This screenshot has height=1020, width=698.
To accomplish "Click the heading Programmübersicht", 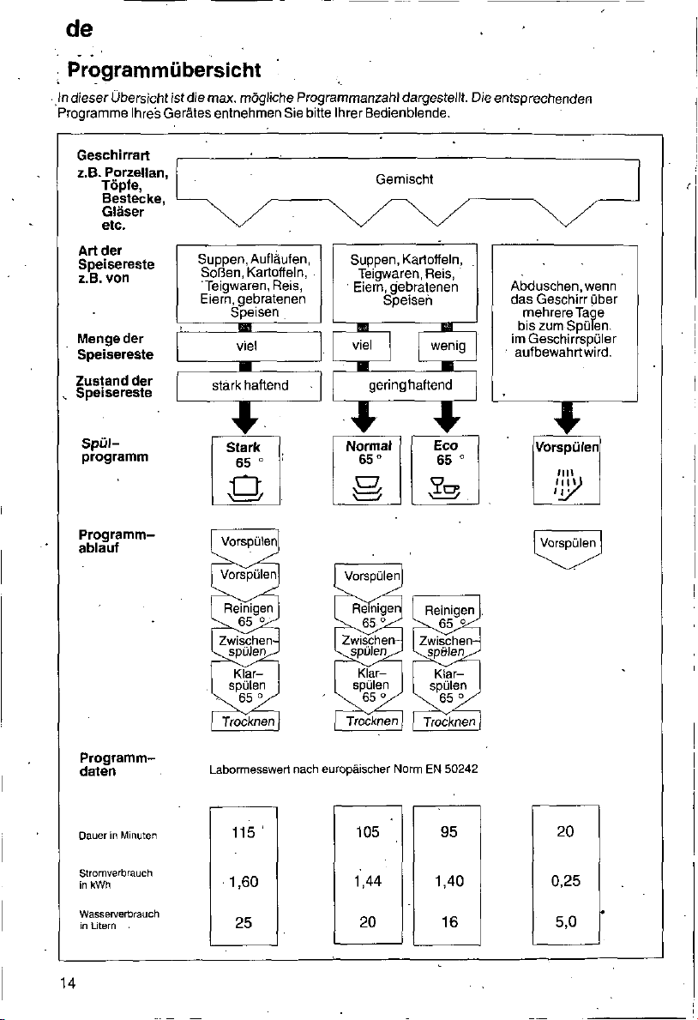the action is point(164,69).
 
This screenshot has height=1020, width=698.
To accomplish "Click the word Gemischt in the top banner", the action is point(404,179).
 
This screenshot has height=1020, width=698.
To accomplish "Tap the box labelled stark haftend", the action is point(250,386).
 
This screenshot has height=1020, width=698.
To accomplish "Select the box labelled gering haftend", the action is point(405,386).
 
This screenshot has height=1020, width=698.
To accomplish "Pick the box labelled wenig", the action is point(448,346).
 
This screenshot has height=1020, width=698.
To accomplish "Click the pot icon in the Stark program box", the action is point(245,487).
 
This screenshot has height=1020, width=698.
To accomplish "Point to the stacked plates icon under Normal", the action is point(368,487).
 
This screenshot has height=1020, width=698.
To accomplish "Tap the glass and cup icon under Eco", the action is point(444,486).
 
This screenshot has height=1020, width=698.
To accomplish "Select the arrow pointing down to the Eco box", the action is point(447,417).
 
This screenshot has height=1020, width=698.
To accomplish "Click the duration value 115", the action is point(244,832).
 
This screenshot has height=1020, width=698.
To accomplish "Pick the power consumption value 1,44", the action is point(368,881).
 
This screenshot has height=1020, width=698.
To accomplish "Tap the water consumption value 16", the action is point(449,921).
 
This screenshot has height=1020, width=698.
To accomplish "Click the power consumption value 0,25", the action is point(566,881).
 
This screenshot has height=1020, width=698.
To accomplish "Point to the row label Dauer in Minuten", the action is point(117,836).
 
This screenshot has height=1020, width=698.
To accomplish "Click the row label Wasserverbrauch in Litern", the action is point(119,920).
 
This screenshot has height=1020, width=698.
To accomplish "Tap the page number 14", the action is point(68,983).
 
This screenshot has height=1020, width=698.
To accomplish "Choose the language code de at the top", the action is point(80,28).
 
